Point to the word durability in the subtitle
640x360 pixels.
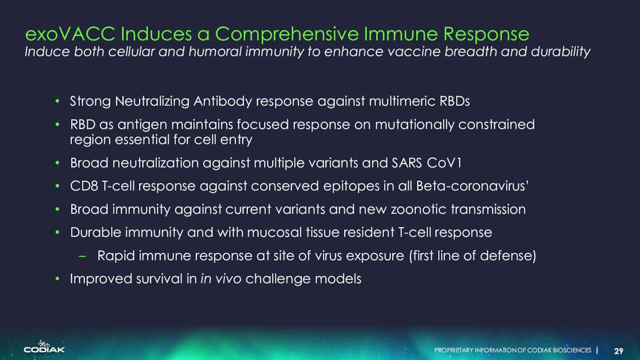tap(560, 52)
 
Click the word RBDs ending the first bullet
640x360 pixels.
tap(454, 101)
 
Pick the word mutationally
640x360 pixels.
tap(414, 124)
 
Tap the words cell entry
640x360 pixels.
tap(223, 139)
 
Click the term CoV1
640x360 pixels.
tap(444, 163)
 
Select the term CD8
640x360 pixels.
tap(84, 186)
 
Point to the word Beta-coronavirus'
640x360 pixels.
tap(472, 186)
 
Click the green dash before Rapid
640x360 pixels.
tap(82, 256)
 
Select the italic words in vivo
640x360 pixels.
tap(221, 279)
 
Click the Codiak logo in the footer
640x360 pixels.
tap(44, 346)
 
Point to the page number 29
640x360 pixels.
tap(618, 351)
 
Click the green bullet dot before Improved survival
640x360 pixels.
tap(57, 278)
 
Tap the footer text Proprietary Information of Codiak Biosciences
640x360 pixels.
tap(513, 350)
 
